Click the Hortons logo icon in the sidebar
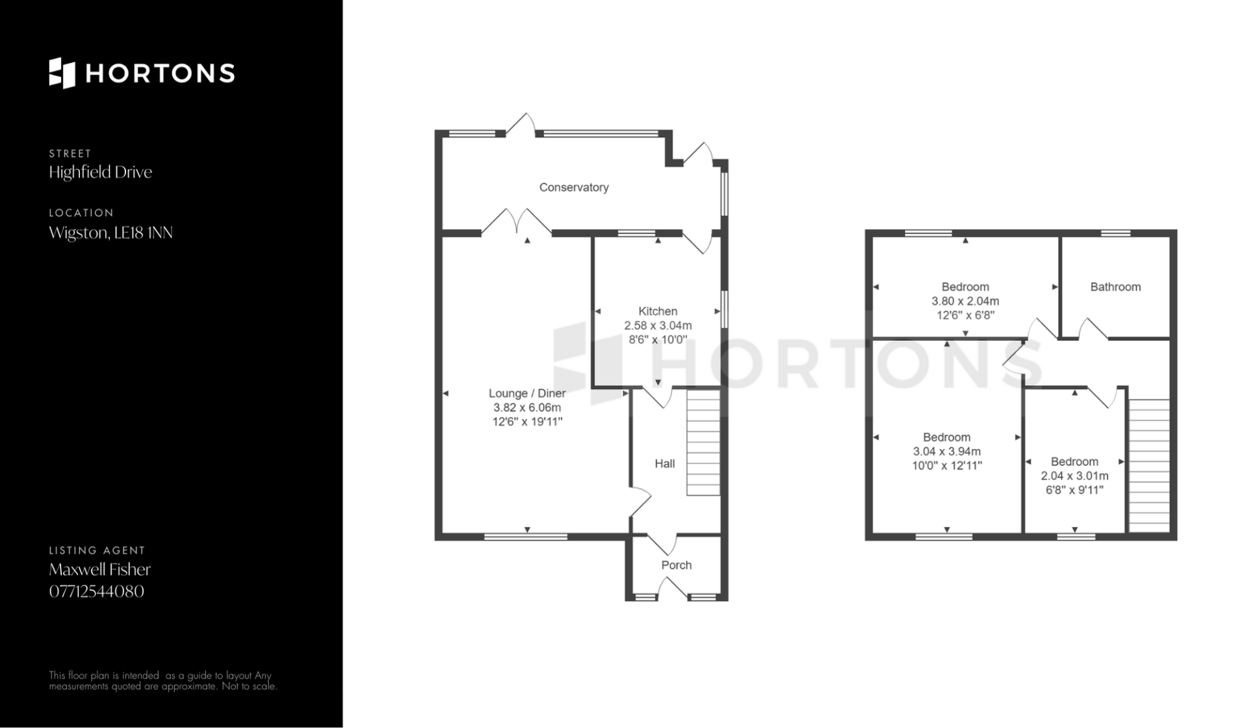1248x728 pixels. [62, 73]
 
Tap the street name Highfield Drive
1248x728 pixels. [100, 172]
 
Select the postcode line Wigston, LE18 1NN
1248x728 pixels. [110, 232]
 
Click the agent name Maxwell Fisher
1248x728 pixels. [99, 569]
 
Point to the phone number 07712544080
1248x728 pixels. [96, 591]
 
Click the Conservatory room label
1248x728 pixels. [574, 187]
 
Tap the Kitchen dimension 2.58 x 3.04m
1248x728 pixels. [658, 325]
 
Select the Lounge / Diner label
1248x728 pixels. [527, 393]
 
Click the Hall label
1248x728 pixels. [664, 463]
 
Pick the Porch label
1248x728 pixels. [676, 565]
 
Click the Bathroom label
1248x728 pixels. [1115, 287]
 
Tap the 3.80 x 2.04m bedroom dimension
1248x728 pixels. [965, 301]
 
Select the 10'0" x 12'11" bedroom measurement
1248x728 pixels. [946, 466]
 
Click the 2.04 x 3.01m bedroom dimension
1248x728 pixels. [1074, 476]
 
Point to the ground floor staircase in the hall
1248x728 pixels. [703, 442]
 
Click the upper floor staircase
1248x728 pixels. [1149, 466]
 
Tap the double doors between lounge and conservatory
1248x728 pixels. [517, 221]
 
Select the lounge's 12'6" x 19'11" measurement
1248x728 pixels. [527, 422]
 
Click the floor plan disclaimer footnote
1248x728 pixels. [163, 681]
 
